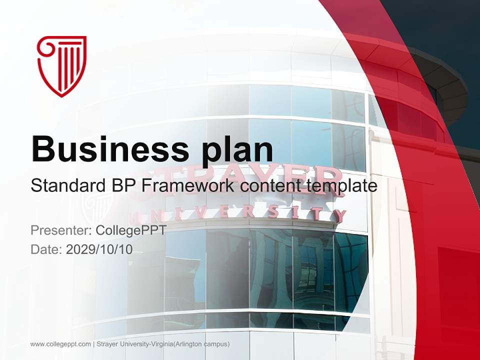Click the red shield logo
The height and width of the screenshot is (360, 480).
[62, 65]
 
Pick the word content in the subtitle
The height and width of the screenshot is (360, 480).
[269, 186]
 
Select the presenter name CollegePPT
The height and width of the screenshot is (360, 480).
[130, 230]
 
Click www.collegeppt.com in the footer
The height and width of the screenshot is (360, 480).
[60, 344]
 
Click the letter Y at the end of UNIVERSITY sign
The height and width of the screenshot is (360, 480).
[339, 216]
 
